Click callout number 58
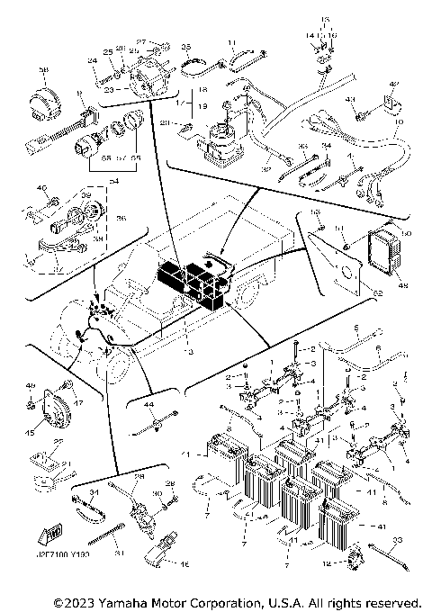[x=42, y=69]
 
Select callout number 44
[x=143, y=406]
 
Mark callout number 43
[x=352, y=99]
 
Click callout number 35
[x=186, y=45]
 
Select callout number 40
[x=40, y=187]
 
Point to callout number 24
[x=91, y=60]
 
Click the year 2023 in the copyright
[x=78, y=601]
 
